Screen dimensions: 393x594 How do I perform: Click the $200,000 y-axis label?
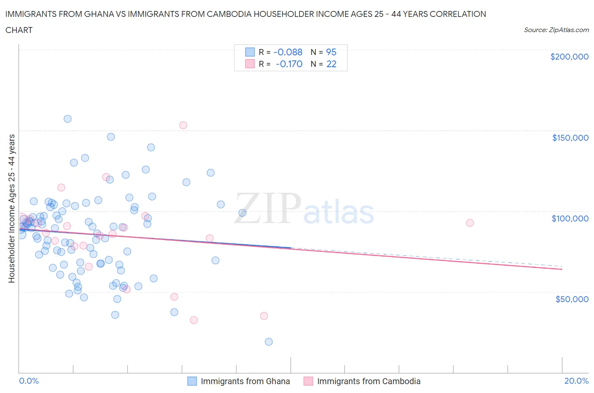(x=569, y=57)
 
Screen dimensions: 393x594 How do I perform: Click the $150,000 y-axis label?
(x=570, y=138)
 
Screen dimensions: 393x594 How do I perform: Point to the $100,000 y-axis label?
(x=570, y=218)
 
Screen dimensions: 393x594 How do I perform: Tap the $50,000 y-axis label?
(x=572, y=299)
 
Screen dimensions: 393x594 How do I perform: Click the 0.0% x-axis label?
(x=29, y=381)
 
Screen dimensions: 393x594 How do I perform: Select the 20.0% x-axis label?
(x=576, y=381)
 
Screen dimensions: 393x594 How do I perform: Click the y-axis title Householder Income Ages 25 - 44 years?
(x=11, y=208)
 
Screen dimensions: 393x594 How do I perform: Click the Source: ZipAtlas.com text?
(x=556, y=30)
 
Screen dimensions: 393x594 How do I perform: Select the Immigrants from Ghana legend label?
(x=245, y=381)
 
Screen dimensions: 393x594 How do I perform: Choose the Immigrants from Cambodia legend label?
(x=368, y=381)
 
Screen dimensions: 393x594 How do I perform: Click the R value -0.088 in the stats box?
(x=288, y=52)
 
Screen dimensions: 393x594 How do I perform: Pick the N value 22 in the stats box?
(x=331, y=64)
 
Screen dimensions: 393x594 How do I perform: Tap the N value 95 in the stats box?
(x=331, y=52)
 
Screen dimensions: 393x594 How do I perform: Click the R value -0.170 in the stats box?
(x=289, y=64)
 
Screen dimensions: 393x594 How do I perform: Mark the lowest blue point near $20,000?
(x=269, y=342)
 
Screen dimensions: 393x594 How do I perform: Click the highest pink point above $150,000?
(x=183, y=125)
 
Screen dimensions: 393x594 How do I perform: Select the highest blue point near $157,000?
(x=68, y=119)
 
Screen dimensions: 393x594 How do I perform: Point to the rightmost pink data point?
(x=470, y=223)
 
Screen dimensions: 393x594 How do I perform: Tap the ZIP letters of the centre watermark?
(x=268, y=208)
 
